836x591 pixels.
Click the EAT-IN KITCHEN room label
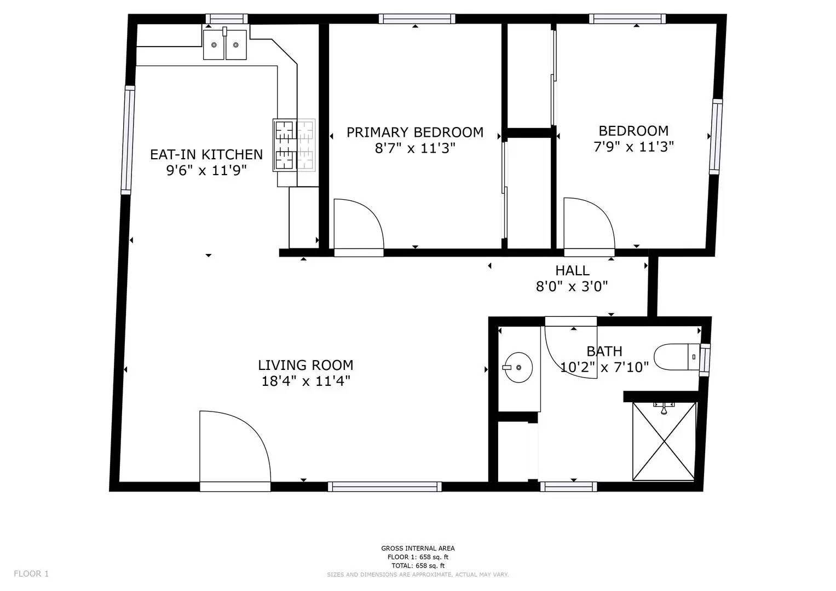pos(206,154)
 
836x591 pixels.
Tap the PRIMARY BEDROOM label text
pos(414,132)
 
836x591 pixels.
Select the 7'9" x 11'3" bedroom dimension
pos(633,147)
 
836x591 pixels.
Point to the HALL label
pos(572,270)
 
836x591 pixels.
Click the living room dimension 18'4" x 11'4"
pos(305,381)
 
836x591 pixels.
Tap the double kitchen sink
pos(225,44)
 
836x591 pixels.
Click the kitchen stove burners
pos(294,146)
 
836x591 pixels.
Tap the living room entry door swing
pos(232,446)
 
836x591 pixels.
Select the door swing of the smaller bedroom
pos(587,224)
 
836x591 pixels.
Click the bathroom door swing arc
pos(567,347)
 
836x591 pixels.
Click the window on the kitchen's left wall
pos(128,140)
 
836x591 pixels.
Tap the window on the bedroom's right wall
pos(716,137)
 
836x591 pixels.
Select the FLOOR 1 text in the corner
pos(31,573)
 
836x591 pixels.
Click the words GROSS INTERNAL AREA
pos(418,548)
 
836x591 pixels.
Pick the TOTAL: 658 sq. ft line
pos(418,566)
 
